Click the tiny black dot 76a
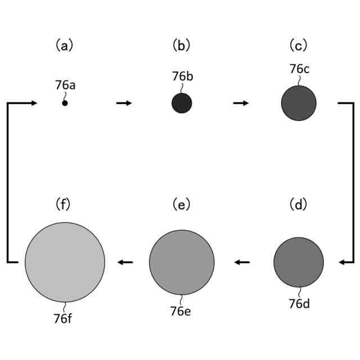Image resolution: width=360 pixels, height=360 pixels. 65,103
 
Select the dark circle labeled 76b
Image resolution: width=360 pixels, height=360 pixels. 182,103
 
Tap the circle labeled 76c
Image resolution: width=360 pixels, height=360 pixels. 299,103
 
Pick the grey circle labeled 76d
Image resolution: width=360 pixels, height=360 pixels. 299,262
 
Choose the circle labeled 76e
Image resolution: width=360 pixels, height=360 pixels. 182,262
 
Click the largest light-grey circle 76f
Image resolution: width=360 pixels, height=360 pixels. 65,262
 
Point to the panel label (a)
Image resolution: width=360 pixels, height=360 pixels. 64,45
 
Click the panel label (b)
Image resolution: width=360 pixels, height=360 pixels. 181,45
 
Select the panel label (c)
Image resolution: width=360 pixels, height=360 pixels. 299,45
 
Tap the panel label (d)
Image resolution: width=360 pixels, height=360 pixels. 299,204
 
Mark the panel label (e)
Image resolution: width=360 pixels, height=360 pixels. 181,204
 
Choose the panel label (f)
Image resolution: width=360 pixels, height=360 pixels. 64,204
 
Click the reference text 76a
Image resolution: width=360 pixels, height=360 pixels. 65,85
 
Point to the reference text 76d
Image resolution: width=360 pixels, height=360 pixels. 299,304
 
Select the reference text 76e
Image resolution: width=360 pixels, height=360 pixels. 181,310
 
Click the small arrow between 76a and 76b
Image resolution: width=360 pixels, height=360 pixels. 124,103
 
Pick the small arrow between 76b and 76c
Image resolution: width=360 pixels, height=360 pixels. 241,103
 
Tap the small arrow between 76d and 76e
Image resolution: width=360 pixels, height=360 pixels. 242,262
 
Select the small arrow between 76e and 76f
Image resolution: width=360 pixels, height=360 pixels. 125,262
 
